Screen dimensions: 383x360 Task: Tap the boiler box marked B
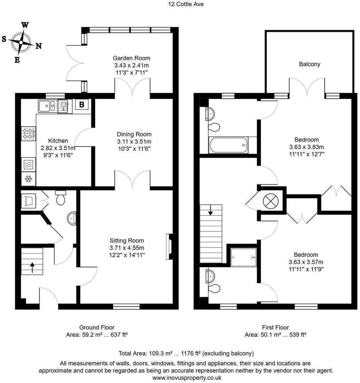[82, 105]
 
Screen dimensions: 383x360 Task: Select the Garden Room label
[131, 58]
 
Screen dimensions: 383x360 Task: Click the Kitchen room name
[58, 141]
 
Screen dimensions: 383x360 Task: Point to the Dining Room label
[134, 134]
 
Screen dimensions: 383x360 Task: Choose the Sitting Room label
[127, 241]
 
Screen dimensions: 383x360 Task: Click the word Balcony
[309, 64]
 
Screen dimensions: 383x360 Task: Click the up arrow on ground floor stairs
[32, 267]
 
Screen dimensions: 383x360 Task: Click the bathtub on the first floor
[228, 145]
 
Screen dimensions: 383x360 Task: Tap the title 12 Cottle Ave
[181, 4]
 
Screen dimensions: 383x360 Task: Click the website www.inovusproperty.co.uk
[187, 378]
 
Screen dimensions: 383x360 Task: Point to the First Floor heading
[275, 327]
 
